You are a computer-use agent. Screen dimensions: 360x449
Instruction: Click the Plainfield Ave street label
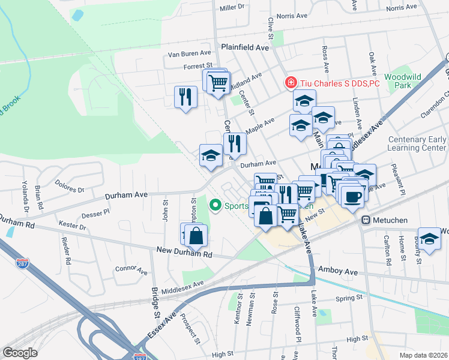click(x=244, y=47)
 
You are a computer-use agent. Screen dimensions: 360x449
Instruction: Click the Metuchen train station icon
click(x=364, y=221)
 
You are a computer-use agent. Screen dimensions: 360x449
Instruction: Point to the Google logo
click(x=20, y=352)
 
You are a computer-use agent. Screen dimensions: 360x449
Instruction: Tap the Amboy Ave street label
click(x=338, y=272)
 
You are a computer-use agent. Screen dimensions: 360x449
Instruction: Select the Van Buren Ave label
click(x=190, y=54)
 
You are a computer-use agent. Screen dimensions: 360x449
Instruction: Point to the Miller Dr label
click(x=233, y=8)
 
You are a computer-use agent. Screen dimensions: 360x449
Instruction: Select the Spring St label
click(x=349, y=297)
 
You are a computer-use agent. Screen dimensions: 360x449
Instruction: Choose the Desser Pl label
click(x=96, y=212)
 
